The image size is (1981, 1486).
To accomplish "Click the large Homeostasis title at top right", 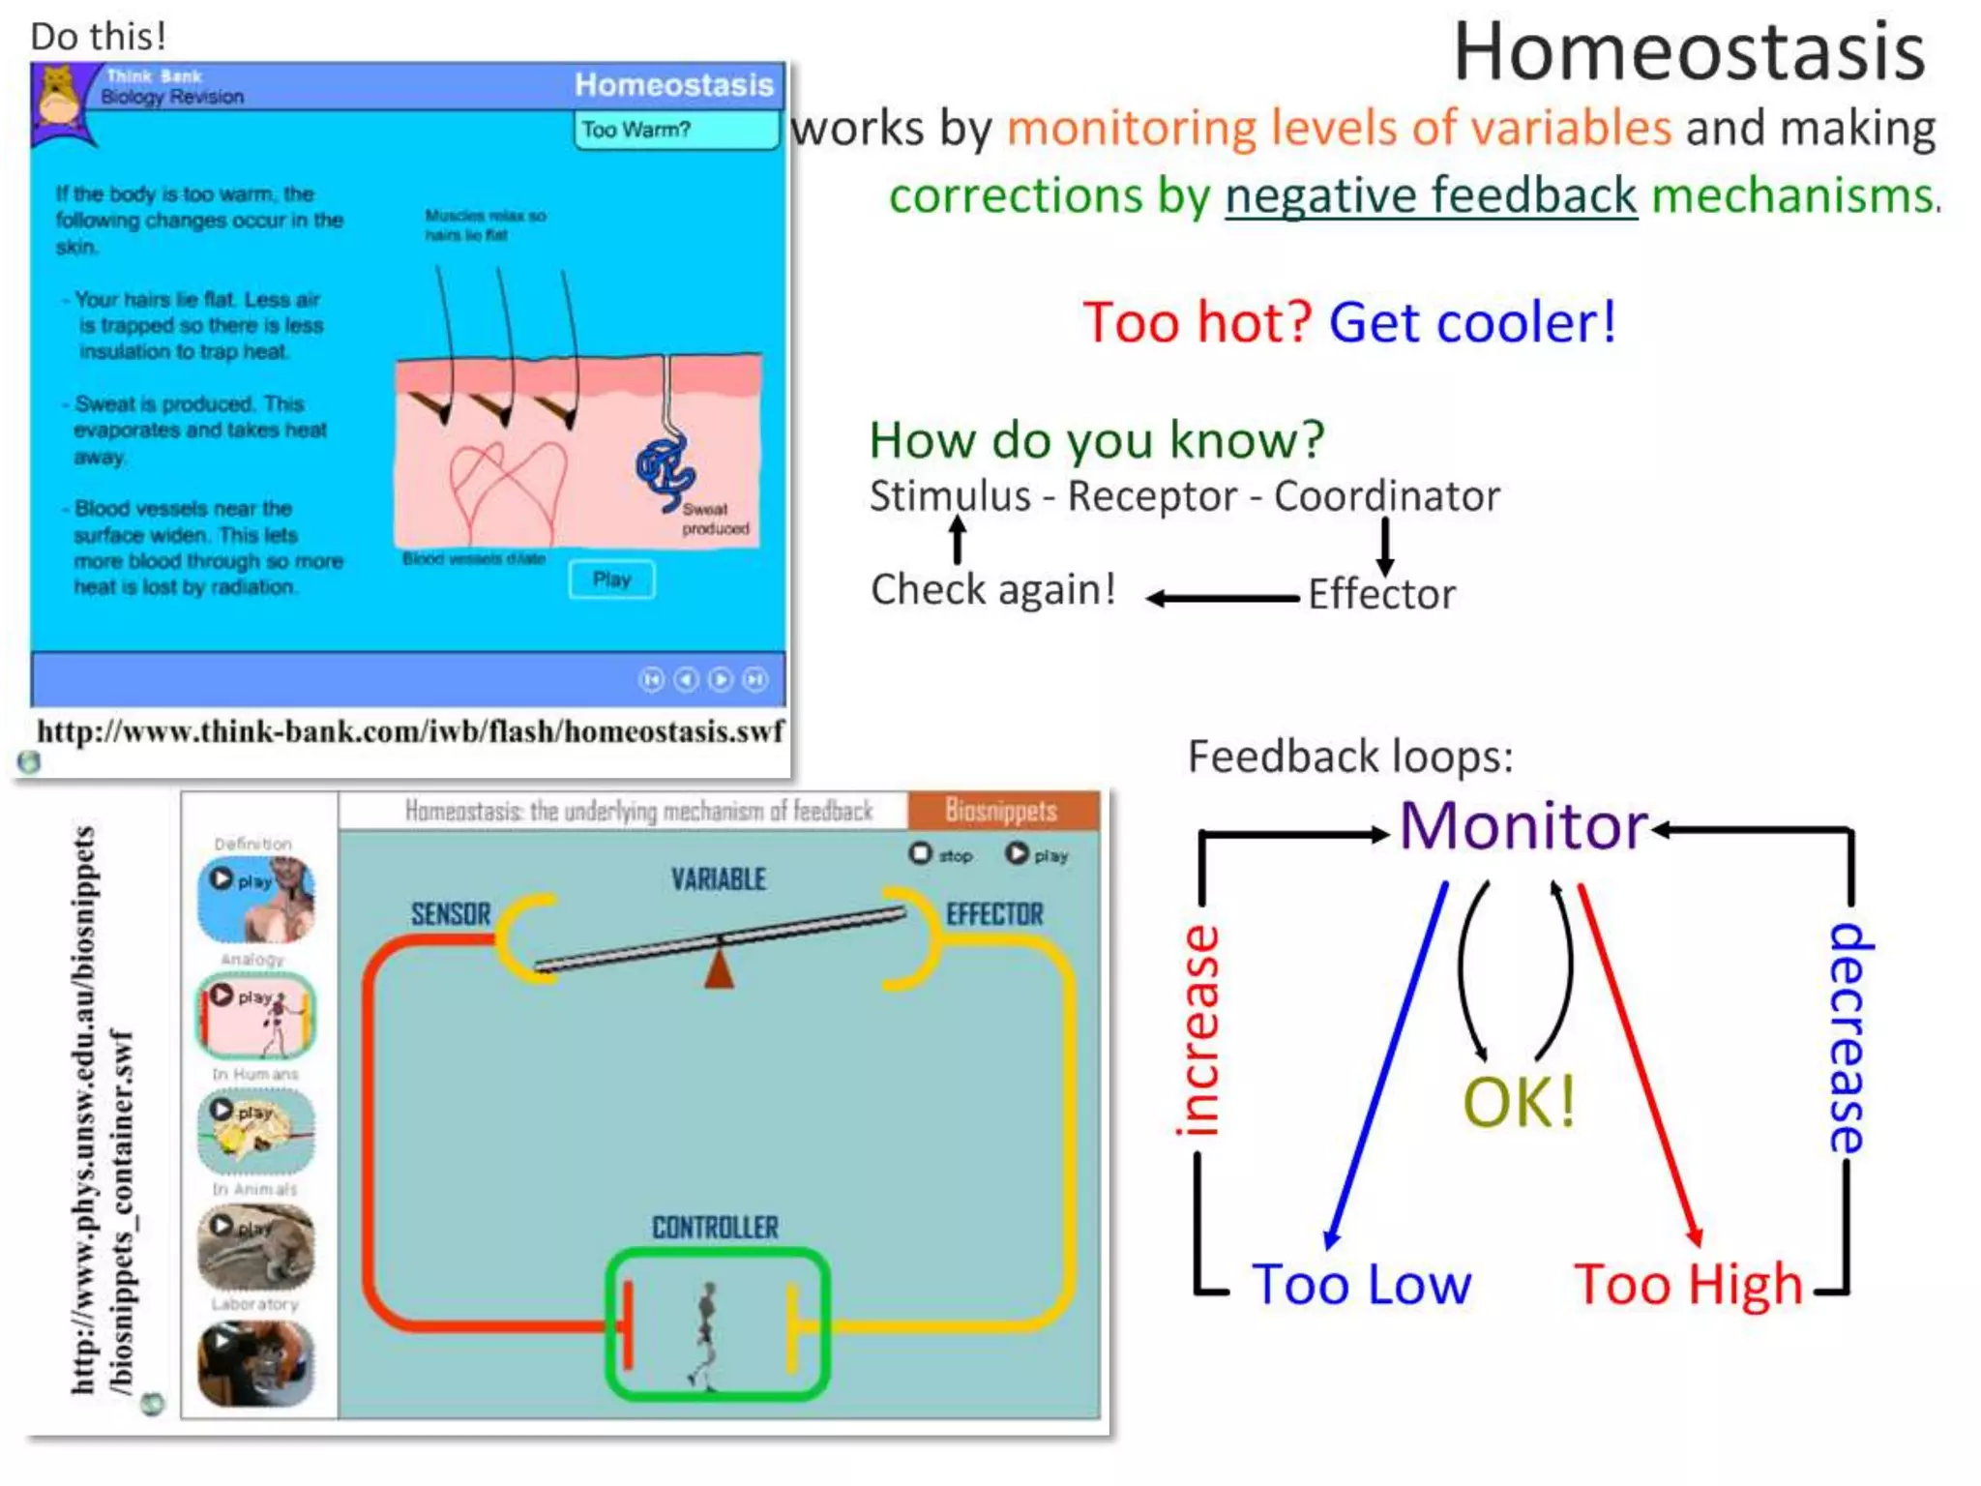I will (1689, 53).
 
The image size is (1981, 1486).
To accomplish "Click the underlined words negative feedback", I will (1431, 195).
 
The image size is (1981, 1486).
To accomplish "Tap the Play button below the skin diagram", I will (611, 580).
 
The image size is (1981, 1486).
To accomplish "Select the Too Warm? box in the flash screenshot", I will (675, 130).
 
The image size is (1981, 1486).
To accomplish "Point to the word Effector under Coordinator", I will (1381, 594).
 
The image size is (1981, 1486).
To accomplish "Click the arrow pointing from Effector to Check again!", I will (1224, 599).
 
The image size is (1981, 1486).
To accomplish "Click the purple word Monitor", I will (1523, 827).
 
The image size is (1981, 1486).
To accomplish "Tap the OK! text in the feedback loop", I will (1519, 1102).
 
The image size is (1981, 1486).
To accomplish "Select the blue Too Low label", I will (1361, 1285).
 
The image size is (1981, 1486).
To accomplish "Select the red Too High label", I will (1688, 1285).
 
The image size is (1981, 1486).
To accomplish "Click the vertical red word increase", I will (1199, 1029).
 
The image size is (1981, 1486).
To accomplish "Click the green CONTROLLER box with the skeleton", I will (717, 1324).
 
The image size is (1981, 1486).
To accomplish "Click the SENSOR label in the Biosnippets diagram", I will (451, 914).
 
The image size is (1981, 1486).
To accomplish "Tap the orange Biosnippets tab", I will (1002, 811).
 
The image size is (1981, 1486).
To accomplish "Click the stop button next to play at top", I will (921, 854).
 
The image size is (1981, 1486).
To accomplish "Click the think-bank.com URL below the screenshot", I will (410, 731).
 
